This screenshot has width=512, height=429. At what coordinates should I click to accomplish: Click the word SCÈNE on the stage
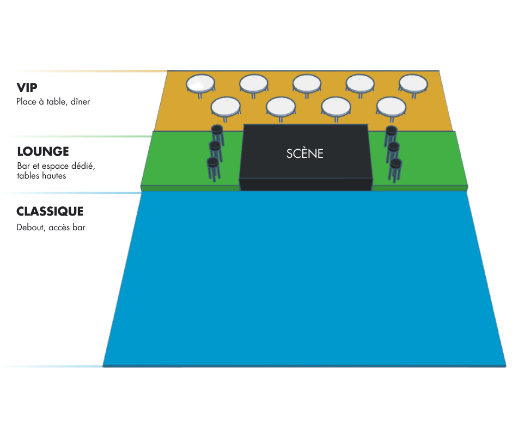[305, 154]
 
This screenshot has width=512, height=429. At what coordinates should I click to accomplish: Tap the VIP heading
[27, 88]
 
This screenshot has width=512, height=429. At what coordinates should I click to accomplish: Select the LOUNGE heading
[43, 151]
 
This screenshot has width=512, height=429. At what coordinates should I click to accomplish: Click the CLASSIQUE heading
[50, 211]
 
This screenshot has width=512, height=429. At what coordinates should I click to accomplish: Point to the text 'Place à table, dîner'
[53, 102]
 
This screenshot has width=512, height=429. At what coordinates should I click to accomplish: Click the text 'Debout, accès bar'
[51, 227]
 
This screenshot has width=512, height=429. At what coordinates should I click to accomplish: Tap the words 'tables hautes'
[41, 176]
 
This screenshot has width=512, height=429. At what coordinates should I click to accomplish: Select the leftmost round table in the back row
[201, 83]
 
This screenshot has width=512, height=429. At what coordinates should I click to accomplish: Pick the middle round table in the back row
[307, 83]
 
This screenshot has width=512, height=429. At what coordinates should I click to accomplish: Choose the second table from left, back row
[254, 83]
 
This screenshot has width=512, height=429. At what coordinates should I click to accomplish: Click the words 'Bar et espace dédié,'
[56, 166]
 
